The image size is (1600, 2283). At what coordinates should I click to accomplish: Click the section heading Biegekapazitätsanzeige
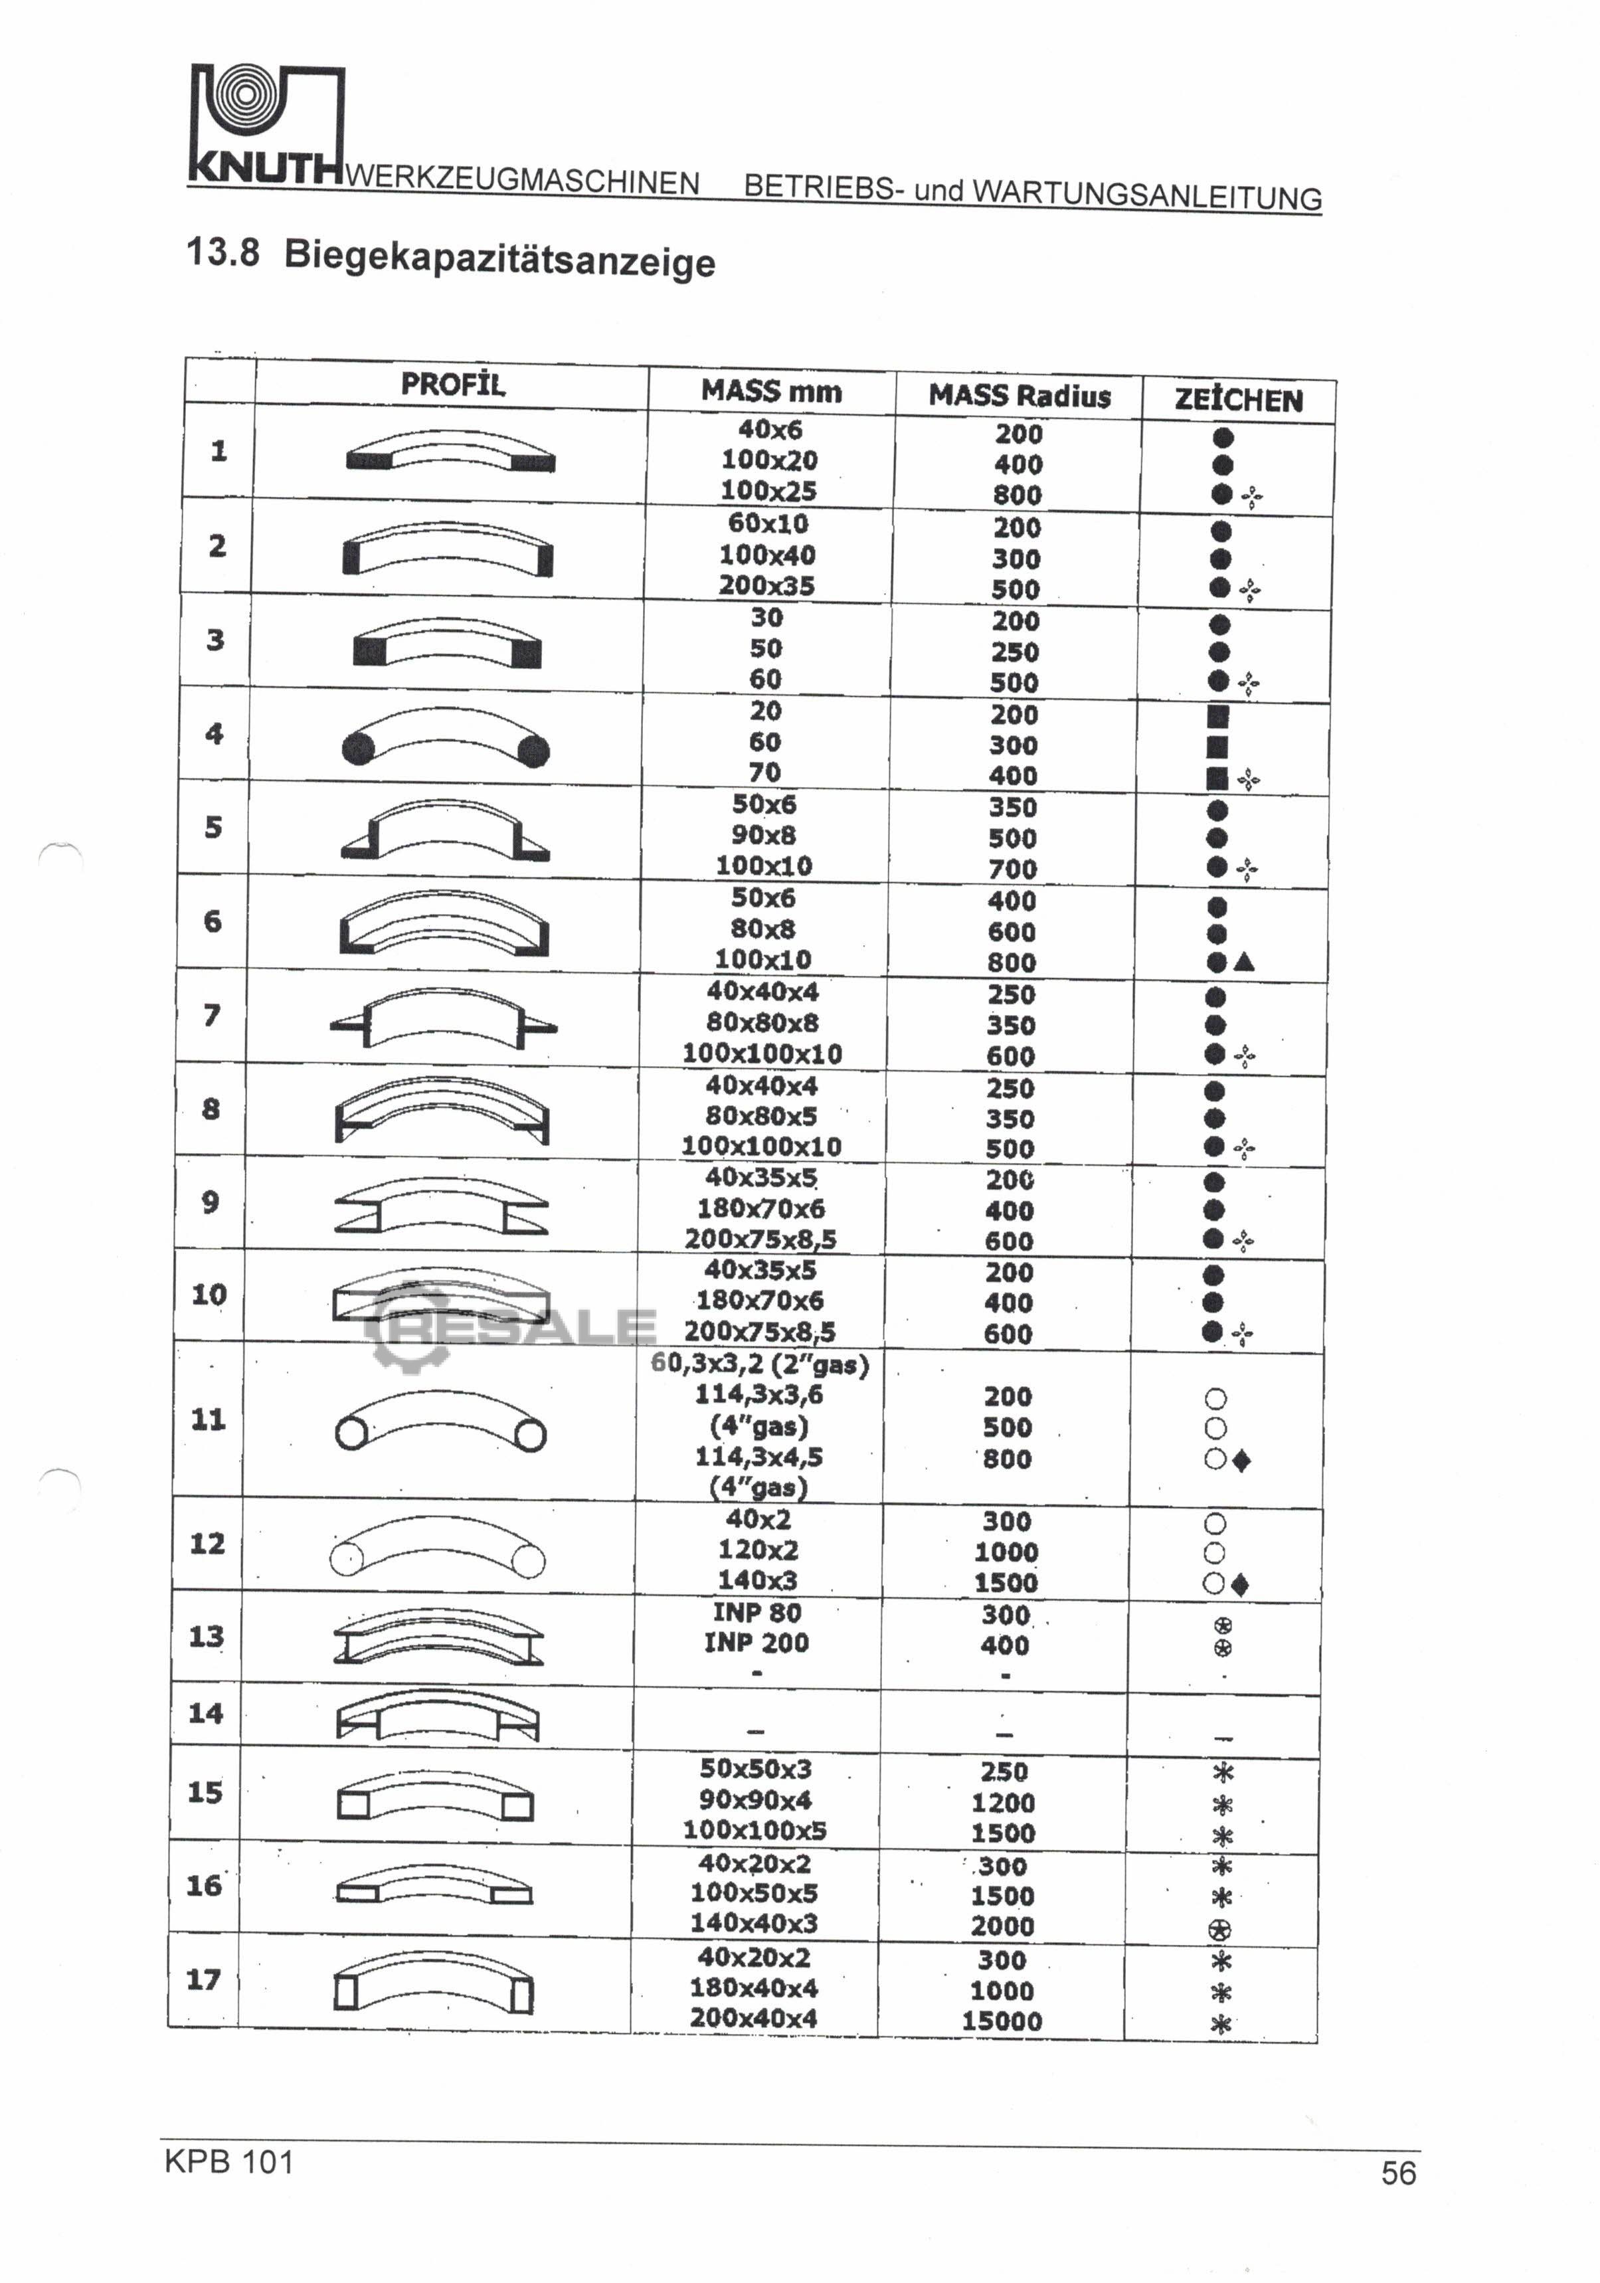click(499, 260)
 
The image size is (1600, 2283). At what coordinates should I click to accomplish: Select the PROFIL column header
click(452, 384)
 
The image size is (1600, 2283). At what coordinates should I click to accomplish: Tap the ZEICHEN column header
click(1238, 400)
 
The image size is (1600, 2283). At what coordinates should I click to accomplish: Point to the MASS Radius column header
click(1020, 395)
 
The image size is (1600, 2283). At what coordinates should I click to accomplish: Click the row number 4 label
click(214, 734)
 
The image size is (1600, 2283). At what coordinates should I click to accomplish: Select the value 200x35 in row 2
click(766, 586)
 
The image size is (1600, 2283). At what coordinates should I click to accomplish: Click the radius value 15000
click(1002, 2021)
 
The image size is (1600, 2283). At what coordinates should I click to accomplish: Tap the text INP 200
click(756, 1643)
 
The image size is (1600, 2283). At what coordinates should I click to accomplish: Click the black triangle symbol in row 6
click(1244, 962)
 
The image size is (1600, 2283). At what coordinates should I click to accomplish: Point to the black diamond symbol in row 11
click(1241, 1461)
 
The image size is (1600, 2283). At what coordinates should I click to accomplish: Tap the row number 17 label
click(204, 1979)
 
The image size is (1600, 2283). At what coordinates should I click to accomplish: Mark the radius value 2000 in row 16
click(1002, 1926)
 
